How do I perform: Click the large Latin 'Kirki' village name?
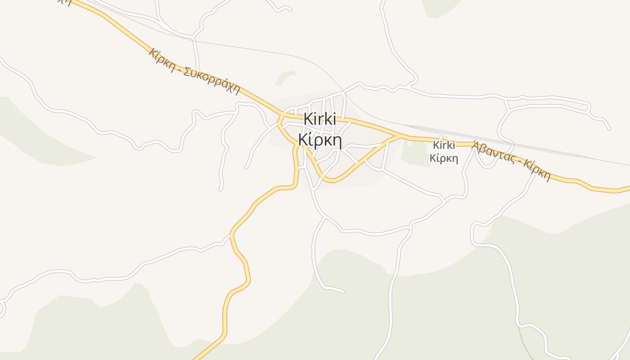coord(320,119)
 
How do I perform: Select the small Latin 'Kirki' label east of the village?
coord(444,145)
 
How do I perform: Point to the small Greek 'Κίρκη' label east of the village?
coord(444,158)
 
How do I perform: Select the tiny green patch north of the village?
coord(285,77)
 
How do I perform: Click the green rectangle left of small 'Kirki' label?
coord(415,154)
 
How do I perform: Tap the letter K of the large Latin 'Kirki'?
coord(308,119)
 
